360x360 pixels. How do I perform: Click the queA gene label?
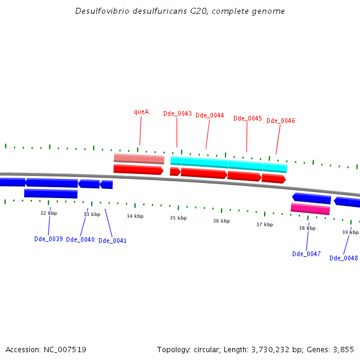(141, 112)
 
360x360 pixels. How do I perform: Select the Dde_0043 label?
(178, 113)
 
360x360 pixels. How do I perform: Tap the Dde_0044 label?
(210, 116)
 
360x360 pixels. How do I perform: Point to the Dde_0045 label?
(248, 118)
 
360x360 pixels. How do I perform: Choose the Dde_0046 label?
(281, 121)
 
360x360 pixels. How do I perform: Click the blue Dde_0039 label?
(49, 239)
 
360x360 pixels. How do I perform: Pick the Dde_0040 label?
(80, 239)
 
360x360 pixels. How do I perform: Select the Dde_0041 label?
(113, 241)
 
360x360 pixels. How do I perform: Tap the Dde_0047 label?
(307, 254)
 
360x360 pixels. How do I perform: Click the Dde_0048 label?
(344, 258)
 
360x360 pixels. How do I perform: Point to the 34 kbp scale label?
(135, 216)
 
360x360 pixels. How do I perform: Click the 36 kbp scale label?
(221, 221)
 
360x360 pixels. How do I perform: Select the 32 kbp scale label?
(49, 213)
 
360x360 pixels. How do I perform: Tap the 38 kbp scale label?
(307, 228)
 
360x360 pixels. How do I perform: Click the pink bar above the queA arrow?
(139, 159)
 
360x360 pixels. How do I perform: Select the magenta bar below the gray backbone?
(310, 209)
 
